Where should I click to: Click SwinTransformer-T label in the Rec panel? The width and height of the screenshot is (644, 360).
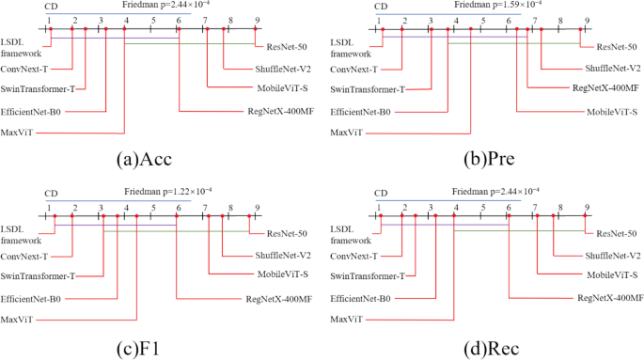coord(369,276)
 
